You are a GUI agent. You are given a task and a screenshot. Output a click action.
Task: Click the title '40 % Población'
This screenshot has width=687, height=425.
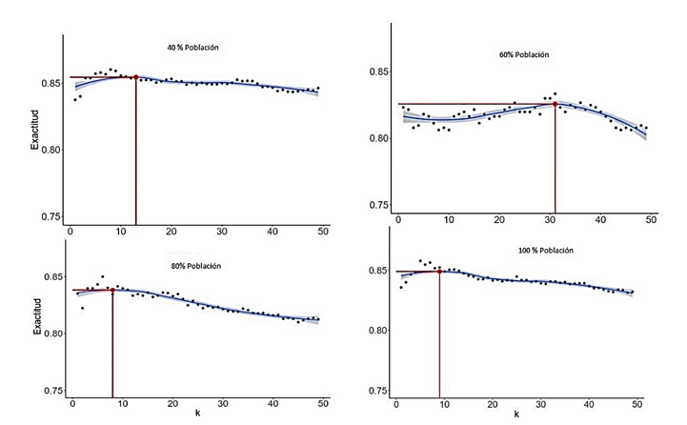pos(187,47)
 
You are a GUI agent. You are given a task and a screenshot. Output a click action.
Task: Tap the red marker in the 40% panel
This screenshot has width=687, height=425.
pos(135,77)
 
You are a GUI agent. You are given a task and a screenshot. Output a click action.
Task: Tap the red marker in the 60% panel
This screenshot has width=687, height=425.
pos(555,104)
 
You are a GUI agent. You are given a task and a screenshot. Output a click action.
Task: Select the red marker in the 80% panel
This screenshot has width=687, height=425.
pos(112,290)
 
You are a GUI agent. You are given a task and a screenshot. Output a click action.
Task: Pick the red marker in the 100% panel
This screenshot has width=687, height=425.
pos(439,272)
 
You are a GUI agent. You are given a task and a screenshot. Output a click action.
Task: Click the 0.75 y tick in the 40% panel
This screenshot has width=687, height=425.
pos(48,216)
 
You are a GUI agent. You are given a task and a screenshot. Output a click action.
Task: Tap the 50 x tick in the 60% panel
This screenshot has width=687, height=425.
pos(652,219)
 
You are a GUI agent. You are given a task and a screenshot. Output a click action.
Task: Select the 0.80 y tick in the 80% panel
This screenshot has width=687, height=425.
pos(48,334)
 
